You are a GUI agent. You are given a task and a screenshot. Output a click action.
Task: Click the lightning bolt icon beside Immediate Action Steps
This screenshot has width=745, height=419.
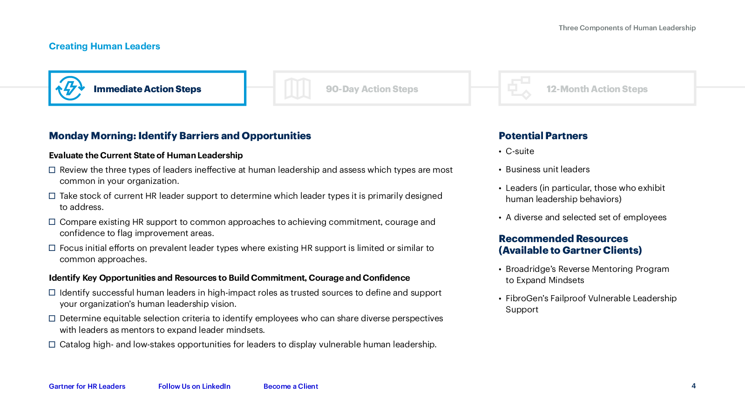coord(70,88)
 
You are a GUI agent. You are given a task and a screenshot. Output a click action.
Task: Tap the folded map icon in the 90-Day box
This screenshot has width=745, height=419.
coord(298,88)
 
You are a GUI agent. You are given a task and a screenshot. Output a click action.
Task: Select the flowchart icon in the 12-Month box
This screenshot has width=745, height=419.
coord(520,88)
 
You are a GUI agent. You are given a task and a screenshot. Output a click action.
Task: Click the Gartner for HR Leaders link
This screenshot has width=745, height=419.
coord(87,386)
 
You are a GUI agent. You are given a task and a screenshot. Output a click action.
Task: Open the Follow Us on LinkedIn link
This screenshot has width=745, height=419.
coord(194,386)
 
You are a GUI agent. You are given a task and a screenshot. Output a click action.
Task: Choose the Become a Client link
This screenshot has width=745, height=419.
coord(291,386)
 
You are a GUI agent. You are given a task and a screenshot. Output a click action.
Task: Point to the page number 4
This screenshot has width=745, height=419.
coord(693,386)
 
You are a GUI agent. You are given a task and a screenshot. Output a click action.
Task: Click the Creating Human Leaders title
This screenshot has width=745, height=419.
coord(104,46)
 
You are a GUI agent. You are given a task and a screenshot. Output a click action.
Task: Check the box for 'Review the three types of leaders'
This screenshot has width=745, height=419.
coord(52,170)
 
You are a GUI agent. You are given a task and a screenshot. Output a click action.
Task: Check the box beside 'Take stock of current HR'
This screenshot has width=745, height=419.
coord(52,196)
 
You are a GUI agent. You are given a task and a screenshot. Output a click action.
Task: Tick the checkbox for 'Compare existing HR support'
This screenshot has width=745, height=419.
coord(52,222)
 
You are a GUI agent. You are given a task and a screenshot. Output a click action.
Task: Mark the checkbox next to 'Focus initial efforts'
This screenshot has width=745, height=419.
coord(52,248)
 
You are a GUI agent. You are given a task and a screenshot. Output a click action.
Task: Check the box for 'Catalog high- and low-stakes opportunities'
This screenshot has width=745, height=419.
coord(52,345)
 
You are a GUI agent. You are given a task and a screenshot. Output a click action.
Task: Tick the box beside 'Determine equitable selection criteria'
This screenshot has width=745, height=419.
coord(52,318)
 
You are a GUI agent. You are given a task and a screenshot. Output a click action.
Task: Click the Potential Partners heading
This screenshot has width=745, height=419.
coord(543,135)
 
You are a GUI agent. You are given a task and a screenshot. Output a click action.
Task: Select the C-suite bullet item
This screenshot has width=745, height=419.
coord(520,151)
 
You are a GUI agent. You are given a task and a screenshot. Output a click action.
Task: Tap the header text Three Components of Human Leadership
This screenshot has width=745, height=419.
coord(627,28)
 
